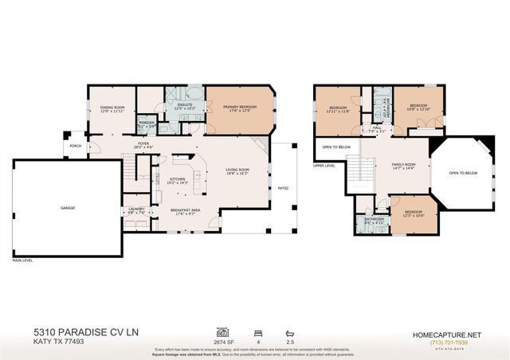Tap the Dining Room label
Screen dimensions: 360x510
(112, 109)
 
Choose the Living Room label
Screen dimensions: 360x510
(237, 170)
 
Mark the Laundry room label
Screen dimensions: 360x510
(136, 211)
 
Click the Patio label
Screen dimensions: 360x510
(283, 189)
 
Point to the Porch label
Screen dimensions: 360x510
(76, 146)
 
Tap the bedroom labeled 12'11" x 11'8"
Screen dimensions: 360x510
(338, 108)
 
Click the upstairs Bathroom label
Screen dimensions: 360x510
(375, 220)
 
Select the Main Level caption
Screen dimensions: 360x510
(23, 260)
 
